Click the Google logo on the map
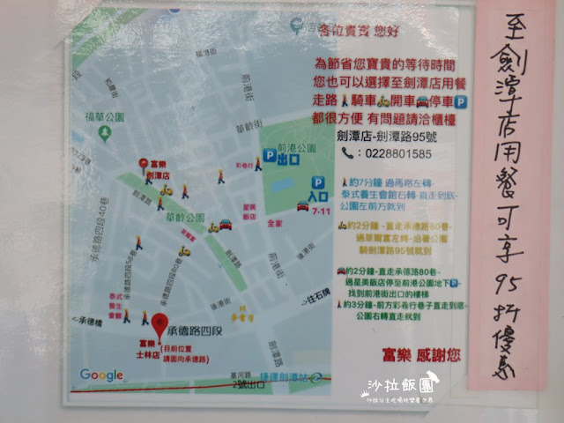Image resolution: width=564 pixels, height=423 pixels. (102, 375)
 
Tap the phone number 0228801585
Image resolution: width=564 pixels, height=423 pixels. (397, 153)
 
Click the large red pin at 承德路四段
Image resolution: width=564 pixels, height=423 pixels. (159, 323)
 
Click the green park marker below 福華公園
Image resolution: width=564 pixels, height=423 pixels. (104, 133)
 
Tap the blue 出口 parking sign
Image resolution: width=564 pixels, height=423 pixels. (282, 159)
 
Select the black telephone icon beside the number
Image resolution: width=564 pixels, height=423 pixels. (348, 153)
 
